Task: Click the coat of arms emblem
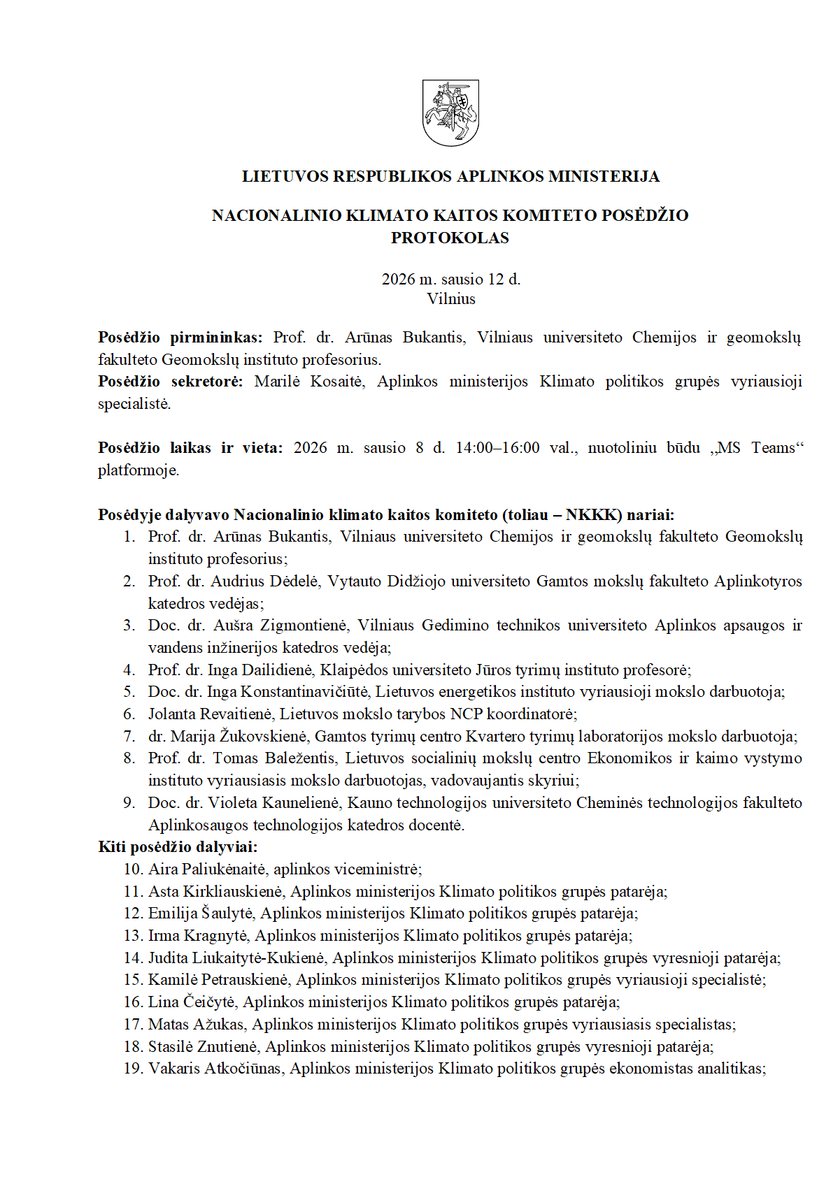click(450, 113)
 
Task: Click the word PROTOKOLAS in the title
click(450, 238)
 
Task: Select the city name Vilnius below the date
click(451, 299)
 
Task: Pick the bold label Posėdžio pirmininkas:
click(180, 338)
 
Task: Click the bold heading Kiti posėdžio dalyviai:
click(178, 847)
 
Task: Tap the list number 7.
click(129, 736)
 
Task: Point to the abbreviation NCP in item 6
click(467, 714)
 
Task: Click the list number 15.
click(133, 980)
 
